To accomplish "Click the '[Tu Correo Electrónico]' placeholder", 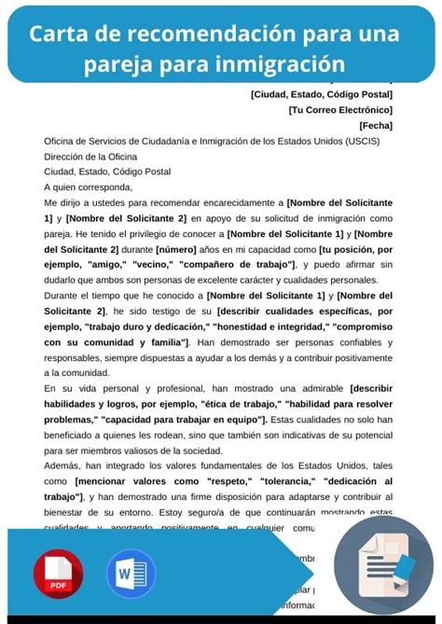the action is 340,109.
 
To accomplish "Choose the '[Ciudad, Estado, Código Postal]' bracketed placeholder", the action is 322,93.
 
